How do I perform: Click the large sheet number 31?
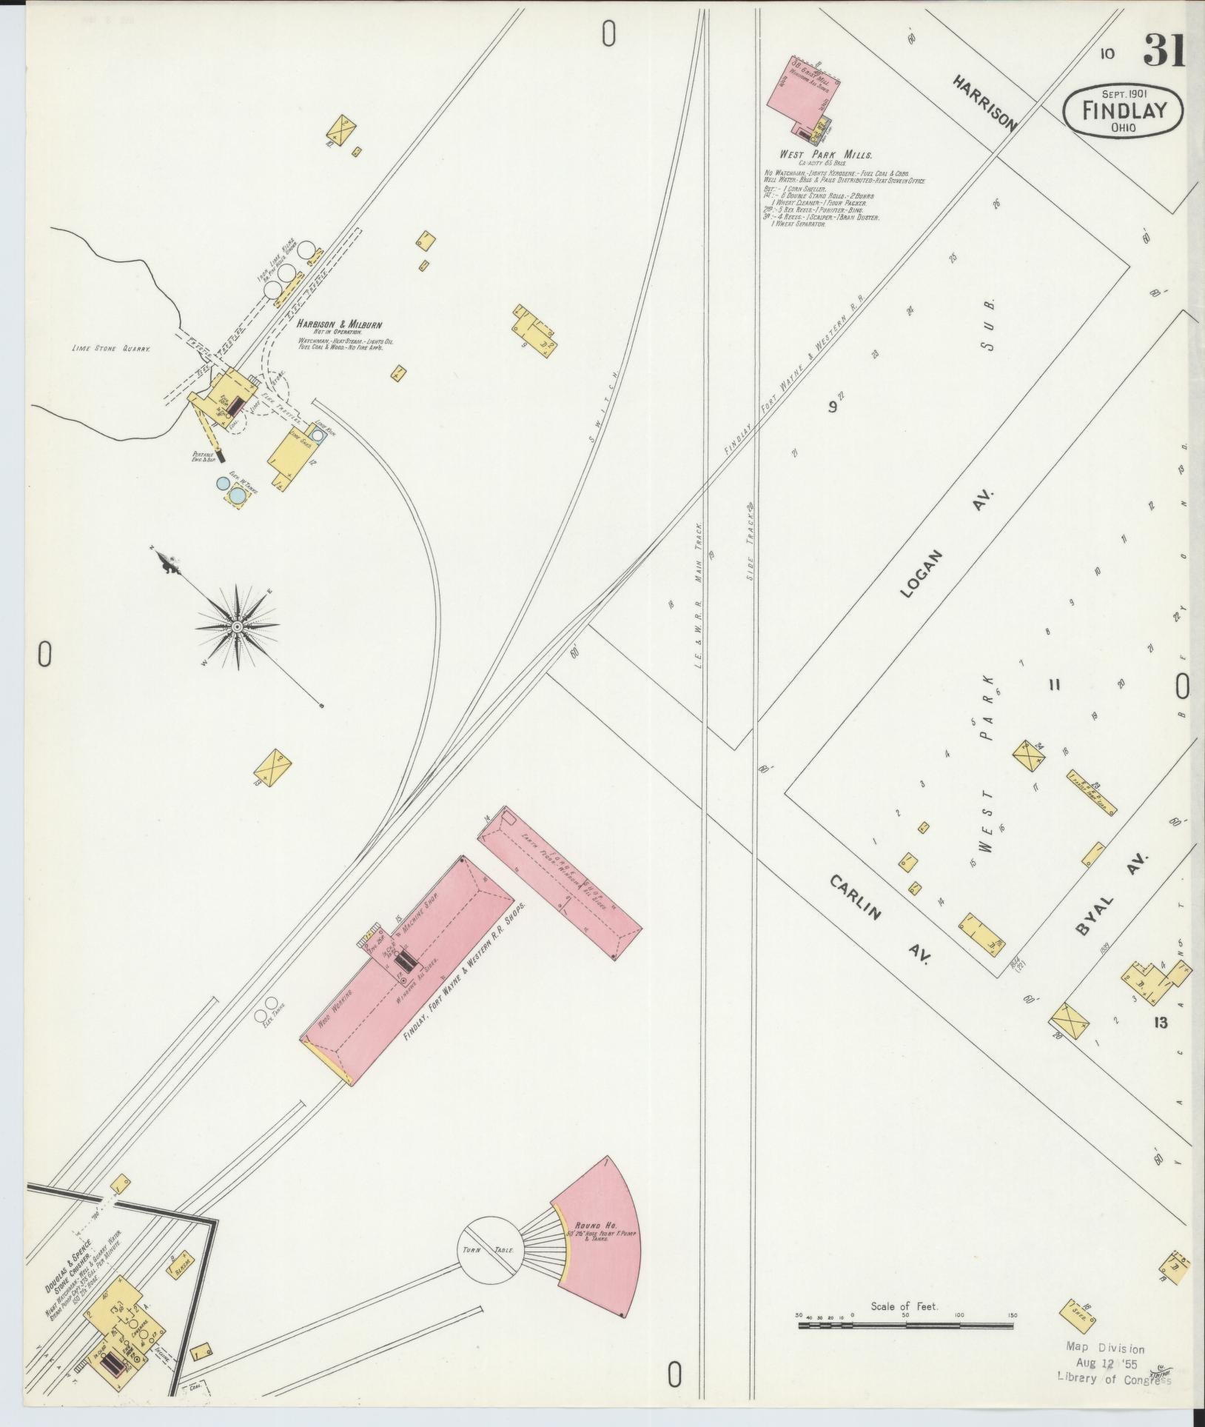(x=1164, y=51)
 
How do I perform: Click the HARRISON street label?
(x=984, y=102)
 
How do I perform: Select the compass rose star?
(x=237, y=627)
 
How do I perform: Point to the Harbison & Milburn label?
(x=340, y=324)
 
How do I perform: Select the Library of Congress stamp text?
(x=1114, y=1378)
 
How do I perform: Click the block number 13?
(x=1159, y=1023)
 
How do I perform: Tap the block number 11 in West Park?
(x=1054, y=685)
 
